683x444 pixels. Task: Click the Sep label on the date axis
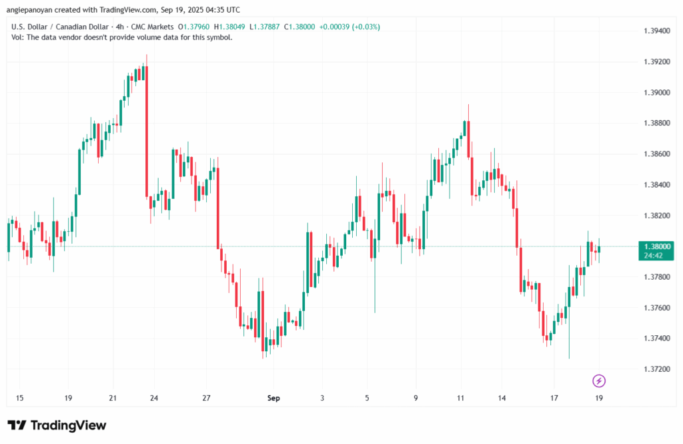[x=273, y=398]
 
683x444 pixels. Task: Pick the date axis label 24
[x=154, y=398]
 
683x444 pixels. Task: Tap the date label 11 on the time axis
[x=461, y=398]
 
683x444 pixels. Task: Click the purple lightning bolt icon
[x=599, y=381]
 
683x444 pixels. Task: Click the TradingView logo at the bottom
[x=57, y=425]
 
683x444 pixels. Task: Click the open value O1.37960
[x=193, y=27]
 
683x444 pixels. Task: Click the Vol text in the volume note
[x=18, y=37]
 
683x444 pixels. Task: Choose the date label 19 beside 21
[x=68, y=398]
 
